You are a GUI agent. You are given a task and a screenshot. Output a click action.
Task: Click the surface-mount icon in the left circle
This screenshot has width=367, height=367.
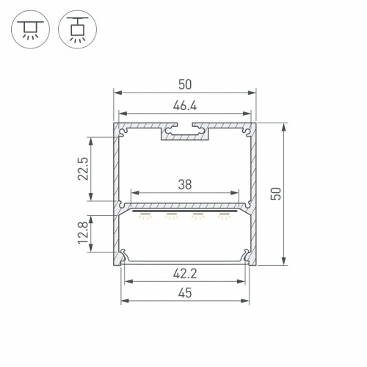(x=30, y=29)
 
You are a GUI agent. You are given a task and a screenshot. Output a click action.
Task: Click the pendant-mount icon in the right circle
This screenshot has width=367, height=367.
(x=77, y=29)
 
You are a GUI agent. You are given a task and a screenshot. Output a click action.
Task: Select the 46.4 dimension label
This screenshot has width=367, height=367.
(x=185, y=106)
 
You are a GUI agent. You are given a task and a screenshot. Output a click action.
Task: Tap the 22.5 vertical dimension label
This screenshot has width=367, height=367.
(x=83, y=169)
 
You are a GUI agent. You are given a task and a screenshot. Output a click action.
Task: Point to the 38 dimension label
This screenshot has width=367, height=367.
(x=185, y=184)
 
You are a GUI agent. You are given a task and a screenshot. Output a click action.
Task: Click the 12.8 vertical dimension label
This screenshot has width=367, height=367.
(x=83, y=233)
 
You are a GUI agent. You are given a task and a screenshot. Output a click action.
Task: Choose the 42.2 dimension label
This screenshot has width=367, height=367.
(x=185, y=274)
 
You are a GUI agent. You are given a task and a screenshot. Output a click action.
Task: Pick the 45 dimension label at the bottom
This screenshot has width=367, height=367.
(x=185, y=293)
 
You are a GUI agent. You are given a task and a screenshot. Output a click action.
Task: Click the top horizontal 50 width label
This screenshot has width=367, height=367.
(x=185, y=84)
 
